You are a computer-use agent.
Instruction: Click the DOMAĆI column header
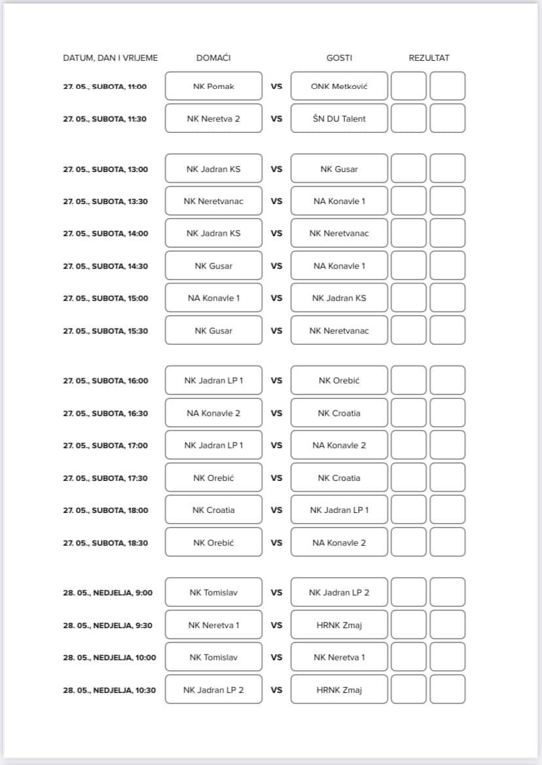[213, 58]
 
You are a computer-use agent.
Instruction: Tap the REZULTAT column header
[429, 58]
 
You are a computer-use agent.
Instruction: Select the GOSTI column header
[339, 58]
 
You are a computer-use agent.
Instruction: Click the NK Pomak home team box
[213, 86]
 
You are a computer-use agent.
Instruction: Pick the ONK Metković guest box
[339, 86]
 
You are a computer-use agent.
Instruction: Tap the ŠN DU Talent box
[339, 118]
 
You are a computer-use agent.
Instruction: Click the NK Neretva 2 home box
[213, 118]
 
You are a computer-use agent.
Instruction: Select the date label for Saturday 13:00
[105, 169]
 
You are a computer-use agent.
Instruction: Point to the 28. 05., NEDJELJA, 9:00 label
[107, 593]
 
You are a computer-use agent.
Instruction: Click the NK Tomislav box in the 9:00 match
[213, 593]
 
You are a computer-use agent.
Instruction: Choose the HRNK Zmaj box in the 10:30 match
[339, 690]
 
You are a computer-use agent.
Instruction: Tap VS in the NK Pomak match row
[276, 86]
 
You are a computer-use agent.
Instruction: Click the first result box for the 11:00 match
[408, 86]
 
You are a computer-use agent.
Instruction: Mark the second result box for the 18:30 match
[448, 543]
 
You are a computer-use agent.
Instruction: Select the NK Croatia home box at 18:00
[213, 510]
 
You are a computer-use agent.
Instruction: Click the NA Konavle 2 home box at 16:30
[213, 413]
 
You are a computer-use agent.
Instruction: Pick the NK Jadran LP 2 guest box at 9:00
[339, 593]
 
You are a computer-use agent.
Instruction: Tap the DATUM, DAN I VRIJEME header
[110, 58]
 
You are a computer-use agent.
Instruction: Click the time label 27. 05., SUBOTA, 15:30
[105, 330]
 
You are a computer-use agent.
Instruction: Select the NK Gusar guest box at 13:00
[339, 169]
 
